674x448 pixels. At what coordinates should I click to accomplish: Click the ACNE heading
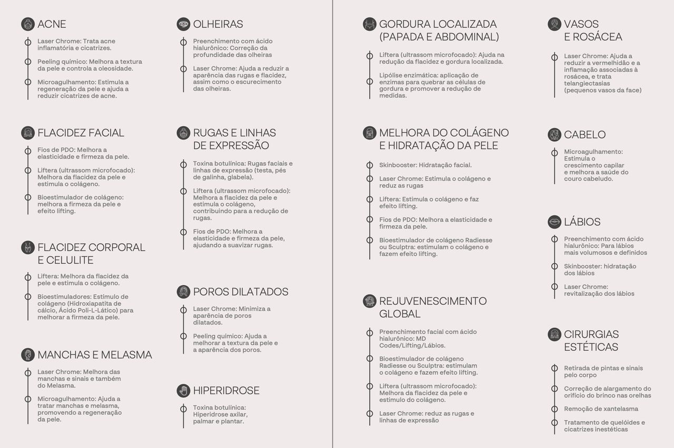coord(52,24)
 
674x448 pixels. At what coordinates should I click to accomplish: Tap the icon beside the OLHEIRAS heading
coord(183,24)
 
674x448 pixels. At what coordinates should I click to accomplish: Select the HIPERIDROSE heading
coord(226,391)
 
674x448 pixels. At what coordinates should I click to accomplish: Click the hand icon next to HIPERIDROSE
coord(183,391)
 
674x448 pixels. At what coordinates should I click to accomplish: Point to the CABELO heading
coord(584,135)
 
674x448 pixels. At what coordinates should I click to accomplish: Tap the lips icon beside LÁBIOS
coord(554,222)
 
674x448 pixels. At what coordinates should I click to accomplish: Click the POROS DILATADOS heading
coord(240,292)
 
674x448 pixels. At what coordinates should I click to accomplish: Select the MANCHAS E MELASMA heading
coord(94,355)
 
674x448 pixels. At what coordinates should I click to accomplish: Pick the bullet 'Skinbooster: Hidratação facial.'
coord(425,165)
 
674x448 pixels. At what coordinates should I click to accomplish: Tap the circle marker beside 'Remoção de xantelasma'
coord(554,409)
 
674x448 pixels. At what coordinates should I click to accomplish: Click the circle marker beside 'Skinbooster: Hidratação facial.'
coord(370,165)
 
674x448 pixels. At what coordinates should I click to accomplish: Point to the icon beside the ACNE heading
coord(28,24)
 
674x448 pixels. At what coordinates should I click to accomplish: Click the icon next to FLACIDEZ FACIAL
coord(28,133)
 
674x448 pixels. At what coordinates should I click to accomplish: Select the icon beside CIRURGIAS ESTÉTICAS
coord(554,335)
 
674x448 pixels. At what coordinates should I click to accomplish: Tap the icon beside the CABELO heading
coord(554,135)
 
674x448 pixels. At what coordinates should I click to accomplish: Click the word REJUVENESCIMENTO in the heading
coord(433,301)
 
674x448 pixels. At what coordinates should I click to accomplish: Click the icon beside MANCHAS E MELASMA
coord(28,355)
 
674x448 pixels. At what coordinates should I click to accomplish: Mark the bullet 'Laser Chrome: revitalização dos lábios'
coord(599,290)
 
